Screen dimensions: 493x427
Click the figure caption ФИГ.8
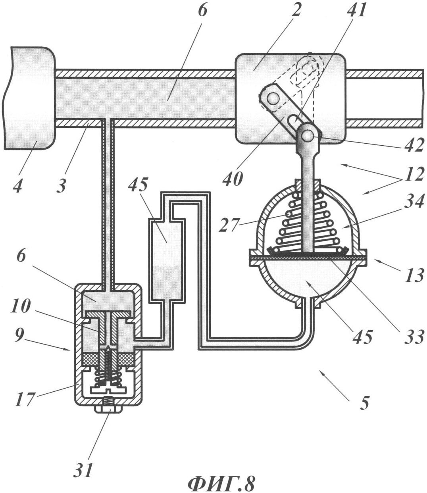click(221, 482)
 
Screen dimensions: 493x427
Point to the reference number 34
click(413, 206)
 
